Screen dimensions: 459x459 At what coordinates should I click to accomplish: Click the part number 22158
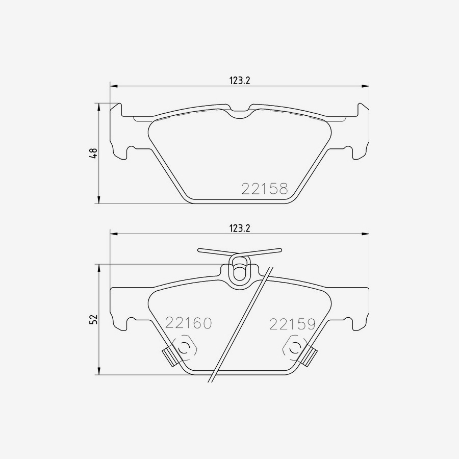(264, 189)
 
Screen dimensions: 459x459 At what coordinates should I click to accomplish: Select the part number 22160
(188, 323)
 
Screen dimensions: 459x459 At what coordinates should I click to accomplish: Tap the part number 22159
(293, 323)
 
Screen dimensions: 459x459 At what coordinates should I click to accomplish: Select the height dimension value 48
(93, 153)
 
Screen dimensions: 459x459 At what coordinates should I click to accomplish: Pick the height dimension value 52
(93, 320)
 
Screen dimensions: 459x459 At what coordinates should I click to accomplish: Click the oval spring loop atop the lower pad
(239, 269)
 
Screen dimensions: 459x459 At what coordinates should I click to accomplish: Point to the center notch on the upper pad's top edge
(239, 113)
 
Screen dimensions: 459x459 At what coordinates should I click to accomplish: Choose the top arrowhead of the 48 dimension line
(98, 106)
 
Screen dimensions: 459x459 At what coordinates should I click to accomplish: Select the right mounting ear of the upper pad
(361, 130)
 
